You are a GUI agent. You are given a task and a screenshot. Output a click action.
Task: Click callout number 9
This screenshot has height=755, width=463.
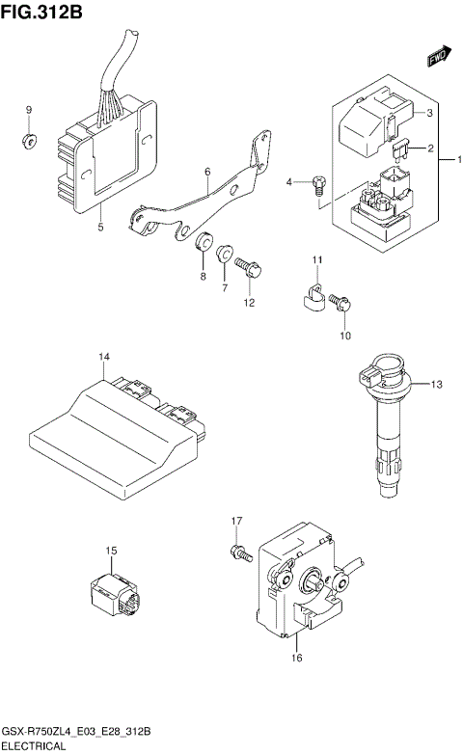(28, 110)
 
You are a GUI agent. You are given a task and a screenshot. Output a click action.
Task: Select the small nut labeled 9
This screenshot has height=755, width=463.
(29, 143)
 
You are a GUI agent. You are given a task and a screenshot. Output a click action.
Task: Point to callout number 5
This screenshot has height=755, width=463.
(100, 228)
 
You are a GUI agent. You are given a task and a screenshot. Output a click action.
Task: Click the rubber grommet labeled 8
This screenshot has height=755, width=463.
(204, 243)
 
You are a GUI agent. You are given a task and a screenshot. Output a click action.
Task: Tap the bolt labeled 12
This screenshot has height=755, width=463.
(249, 270)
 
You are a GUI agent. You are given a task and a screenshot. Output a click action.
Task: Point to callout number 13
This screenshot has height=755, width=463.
(435, 385)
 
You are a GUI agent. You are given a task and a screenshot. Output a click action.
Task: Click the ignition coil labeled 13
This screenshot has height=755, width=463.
(386, 424)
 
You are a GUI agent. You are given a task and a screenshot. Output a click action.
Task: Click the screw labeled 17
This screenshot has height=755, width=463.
(237, 553)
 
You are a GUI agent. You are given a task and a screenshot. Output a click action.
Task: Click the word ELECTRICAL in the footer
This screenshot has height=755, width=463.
(34, 745)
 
